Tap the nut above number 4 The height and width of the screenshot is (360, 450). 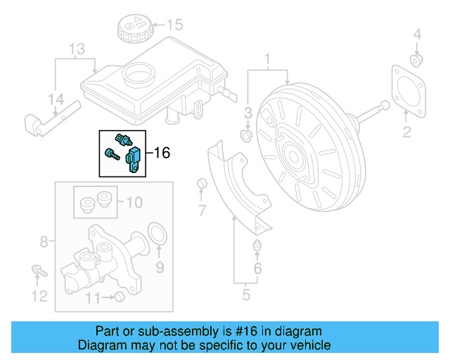(416, 59)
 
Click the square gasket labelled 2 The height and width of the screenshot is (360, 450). (406, 87)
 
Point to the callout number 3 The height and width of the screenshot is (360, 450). (247, 113)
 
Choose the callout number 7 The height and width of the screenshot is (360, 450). (202, 210)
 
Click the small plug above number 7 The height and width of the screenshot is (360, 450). (202, 184)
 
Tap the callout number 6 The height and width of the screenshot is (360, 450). (257, 269)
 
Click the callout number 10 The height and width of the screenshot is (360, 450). (134, 203)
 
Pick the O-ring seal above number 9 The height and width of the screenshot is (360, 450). (159, 233)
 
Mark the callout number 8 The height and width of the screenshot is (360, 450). (44, 243)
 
